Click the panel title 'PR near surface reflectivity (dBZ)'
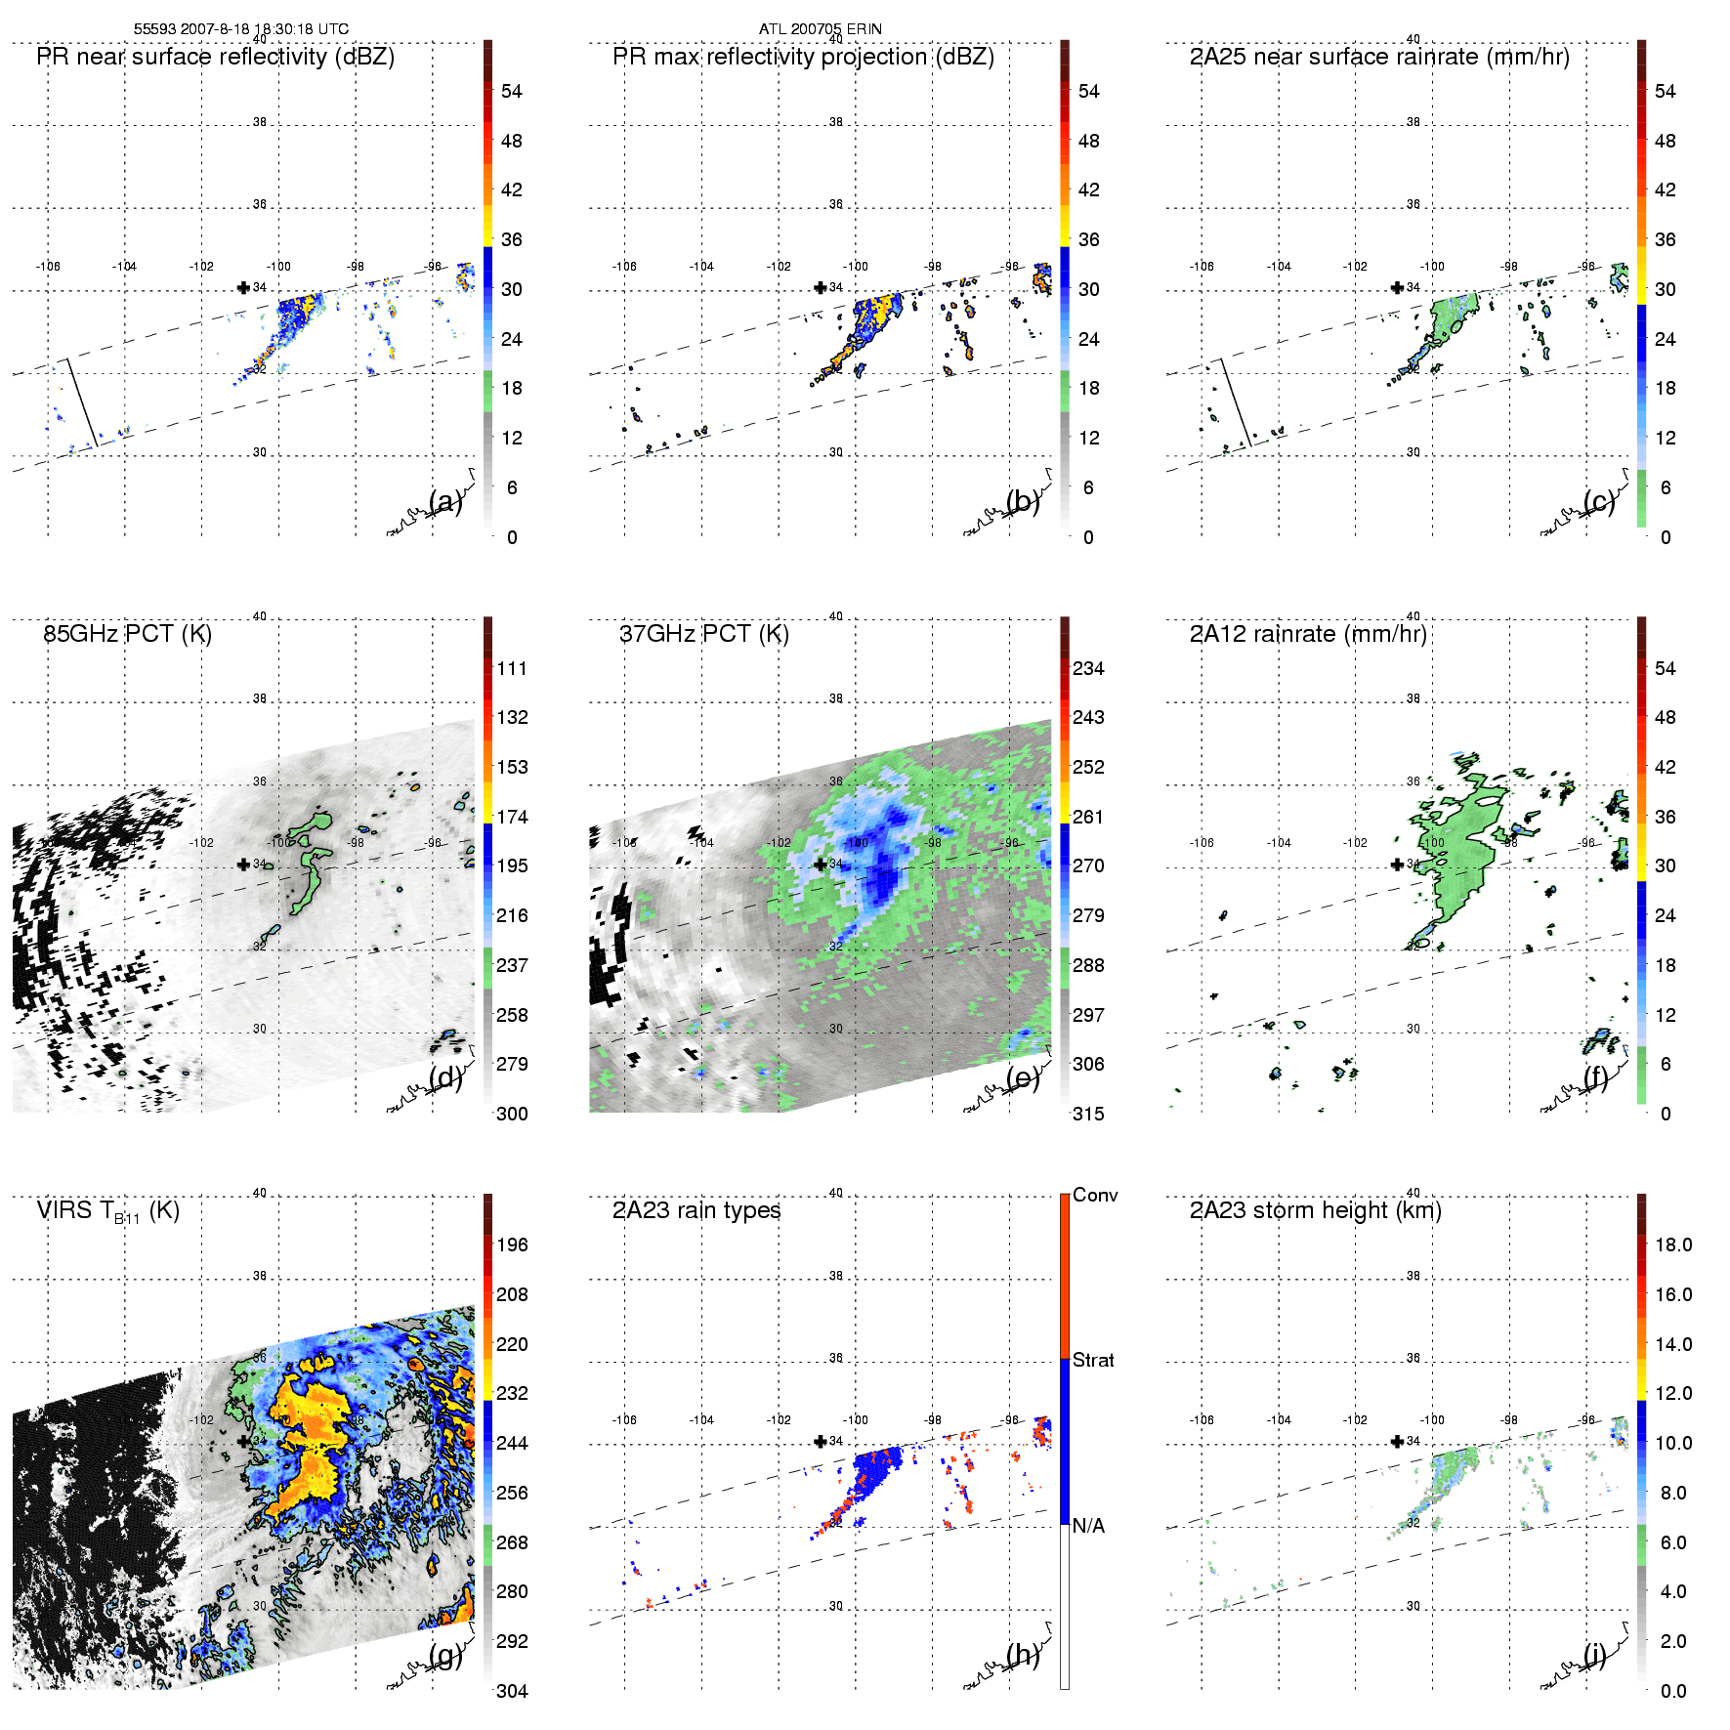(215, 57)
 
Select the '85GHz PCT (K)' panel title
(127, 634)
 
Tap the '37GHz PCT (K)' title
(703, 634)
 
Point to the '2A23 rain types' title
(696, 1210)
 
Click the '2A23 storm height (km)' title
(1315, 1210)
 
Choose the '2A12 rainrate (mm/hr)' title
(1308, 634)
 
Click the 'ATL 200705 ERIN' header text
(820, 29)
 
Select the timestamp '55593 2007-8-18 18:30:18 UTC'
(240, 29)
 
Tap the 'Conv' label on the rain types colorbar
(1094, 1195)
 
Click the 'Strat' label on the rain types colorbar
(1093, 1360)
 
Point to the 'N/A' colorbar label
(1088, 1526)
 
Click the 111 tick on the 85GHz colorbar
(512, 668)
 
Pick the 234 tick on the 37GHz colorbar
(1088, 668)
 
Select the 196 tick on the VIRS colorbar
(512, 1245)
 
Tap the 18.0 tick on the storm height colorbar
(1672, 1245)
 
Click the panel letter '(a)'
(445, 501)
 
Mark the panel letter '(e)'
(1023, 1077)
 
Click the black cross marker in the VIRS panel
(243, 1441)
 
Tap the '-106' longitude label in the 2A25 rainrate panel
(1202, 266)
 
